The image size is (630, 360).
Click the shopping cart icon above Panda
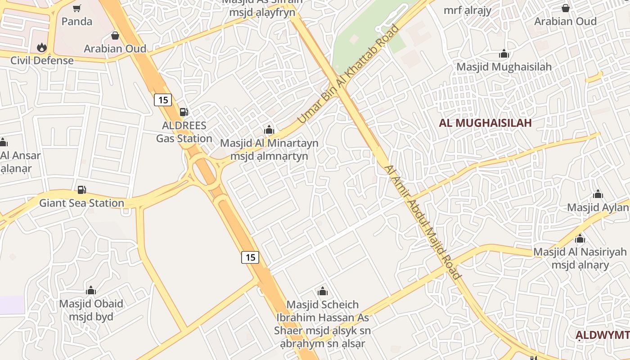coord(77,8)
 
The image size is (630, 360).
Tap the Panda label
coord(76,21)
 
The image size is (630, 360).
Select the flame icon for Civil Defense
coord(42,47)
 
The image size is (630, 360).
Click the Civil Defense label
coord(42,60)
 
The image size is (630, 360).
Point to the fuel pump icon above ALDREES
coord(184,112)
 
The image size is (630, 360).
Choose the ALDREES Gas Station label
coord(184,132)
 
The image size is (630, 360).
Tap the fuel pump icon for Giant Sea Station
coord(81,190)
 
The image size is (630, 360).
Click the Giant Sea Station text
coord(81,203)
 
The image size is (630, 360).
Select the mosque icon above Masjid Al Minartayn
coord(269,130)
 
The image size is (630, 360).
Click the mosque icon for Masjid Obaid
coord(91,290)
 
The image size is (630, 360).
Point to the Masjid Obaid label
coord(91,310)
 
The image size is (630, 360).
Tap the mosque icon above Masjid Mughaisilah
coord(504,54)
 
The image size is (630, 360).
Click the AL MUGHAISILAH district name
coord(485,123)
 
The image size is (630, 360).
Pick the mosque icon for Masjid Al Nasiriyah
coord(580,239)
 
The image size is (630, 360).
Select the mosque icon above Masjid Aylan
coord(598,194)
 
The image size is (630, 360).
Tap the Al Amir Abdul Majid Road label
coord(423,222)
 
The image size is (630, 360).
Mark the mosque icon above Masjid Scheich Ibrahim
coord(322,291)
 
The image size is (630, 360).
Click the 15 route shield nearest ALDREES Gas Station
coord(162,100)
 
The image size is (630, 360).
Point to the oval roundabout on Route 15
coord(205,171)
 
